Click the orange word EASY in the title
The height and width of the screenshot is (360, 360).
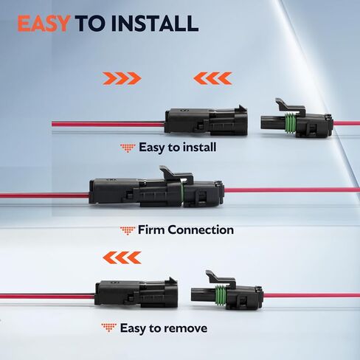[x=44, y=24]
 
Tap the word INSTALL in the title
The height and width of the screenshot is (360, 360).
[x=154, y=24]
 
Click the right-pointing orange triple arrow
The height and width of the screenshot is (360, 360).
[x=122, y=78]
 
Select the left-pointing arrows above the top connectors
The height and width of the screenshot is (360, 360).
[x=212, y=78]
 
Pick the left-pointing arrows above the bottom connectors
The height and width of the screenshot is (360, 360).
[x=122, y=257]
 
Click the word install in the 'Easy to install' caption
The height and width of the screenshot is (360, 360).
[x=200, y=148]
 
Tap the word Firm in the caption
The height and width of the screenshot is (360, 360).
[x=152, y=229]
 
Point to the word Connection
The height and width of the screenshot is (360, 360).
[x=201, y=229]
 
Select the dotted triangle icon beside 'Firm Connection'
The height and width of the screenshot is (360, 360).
[x=128, y=231]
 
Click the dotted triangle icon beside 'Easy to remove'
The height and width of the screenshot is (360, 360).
[x=109, y=328]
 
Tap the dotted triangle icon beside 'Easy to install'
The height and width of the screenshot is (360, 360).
[x=128, y=148]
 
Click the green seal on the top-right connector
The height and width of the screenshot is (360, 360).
[x=290, y=123]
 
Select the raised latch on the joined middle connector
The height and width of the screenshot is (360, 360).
[x=176, y=174]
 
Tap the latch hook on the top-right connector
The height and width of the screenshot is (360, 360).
[x=290, y=105]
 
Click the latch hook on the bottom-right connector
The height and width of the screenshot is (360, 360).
[x=221, y=277]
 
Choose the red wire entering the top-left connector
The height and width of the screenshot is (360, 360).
[x=108, y=124]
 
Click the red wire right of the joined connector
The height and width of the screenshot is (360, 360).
[x=291, y=190]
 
